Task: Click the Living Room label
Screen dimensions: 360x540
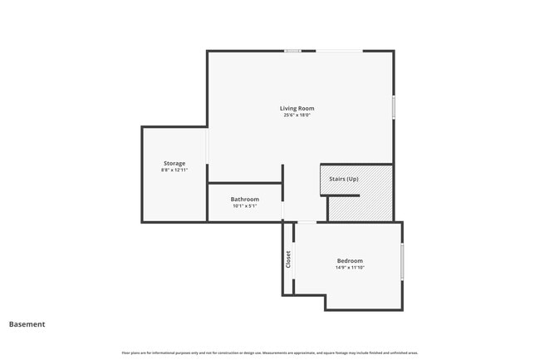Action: pyautogui.click(x=298, y=108)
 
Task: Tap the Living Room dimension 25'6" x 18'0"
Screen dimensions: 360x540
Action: pyautogui.click(x=298, y=116)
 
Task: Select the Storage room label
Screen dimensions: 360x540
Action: pyautogui.click(x=174, y=163)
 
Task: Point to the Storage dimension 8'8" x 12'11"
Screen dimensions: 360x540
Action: pyautogui.click(x=174, y=170)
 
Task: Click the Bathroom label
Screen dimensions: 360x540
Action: pyautogui.click(x=245, y=199)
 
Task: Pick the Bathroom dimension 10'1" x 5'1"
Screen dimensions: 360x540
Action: pyautogui.click(x=245, y=206)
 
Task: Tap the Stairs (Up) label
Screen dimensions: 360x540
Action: pyautogui.click(x=344, y=179)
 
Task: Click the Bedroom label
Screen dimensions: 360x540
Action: pyautogui.click(x=350, y=260)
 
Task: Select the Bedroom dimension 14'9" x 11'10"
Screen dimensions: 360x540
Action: pyautogui.click(x=350, y=268)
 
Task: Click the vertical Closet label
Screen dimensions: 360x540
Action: pyautogui.click(x=288, y=259)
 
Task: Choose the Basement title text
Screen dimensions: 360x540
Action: pyautogui.click(x=27, y=324)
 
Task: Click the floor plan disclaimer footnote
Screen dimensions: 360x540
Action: pyautogui.click(x=270, y=353)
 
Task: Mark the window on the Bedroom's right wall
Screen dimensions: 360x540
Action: pyautogui.click(x=402, y=261)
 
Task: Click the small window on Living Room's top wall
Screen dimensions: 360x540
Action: pyautogui.click(x=292, y=51)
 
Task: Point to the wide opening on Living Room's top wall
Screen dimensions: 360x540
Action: pyautogui.click(x=339, y=51)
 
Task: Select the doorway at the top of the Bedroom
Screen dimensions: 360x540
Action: pyautogui.click(x=307, y=222)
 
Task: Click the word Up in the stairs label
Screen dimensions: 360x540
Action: pyautogui.click(x=352, y=179)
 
